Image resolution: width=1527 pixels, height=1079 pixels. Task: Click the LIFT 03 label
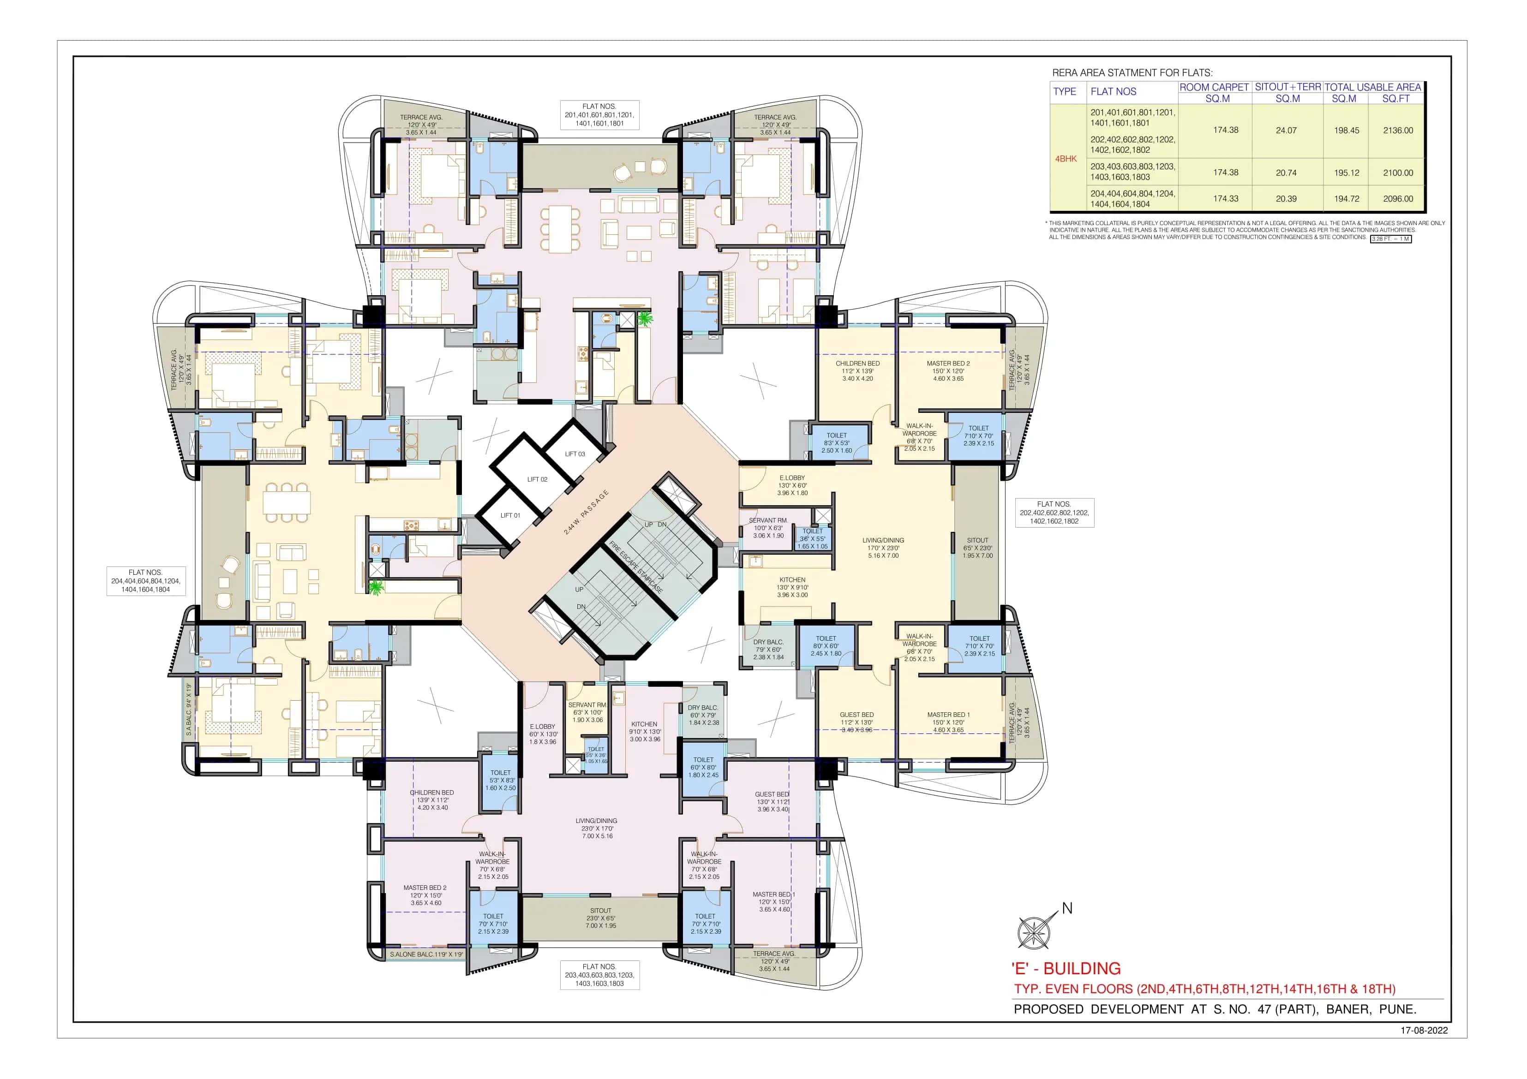click(x=575, y=454)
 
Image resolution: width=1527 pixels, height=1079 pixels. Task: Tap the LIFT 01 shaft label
click(x=510, y=515)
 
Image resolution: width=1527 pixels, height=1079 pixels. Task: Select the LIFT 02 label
click(x=537, y=479)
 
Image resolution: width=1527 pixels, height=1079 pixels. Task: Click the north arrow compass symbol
click(x=1034, y=931)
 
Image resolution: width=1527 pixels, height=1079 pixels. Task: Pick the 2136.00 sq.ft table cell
click(x=1397, y=130)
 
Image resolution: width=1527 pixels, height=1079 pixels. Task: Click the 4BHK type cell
click(x=1066, y=159)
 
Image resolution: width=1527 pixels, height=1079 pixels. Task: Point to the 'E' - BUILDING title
click(x=1066, y=968)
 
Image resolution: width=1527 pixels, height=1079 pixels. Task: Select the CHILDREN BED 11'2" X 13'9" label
click(x=857, y=371)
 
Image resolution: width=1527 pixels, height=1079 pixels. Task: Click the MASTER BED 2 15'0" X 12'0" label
click(x=948, y=371)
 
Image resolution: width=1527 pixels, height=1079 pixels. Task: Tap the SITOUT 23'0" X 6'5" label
click(x=600, y=918)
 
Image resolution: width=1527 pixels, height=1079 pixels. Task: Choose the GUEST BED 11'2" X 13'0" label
click(x=856, y=722)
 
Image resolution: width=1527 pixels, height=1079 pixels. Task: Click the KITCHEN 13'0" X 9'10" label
click(x=792, y=587)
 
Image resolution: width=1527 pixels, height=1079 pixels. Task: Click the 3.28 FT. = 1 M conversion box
click(x=1391, y=238)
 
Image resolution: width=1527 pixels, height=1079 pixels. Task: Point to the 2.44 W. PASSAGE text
click(x=586, y=512)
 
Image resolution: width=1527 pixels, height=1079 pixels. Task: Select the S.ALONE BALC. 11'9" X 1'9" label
click(x=425, y=954)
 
